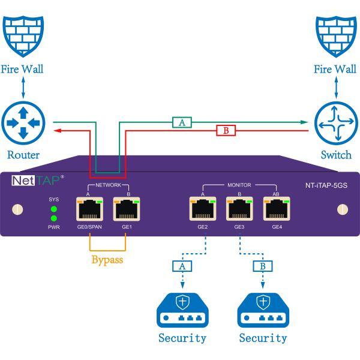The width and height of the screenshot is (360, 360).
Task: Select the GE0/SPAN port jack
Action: (89, 210)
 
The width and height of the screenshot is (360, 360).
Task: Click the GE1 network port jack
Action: (126, 210)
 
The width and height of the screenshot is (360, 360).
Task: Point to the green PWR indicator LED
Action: (54, 218)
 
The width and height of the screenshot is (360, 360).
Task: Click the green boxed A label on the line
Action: (181, 122)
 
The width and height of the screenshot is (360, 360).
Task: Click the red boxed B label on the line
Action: (226, 130)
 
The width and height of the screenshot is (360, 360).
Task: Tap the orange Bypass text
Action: (108, 260)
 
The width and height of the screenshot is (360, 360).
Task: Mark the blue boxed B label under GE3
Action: (263, 265)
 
